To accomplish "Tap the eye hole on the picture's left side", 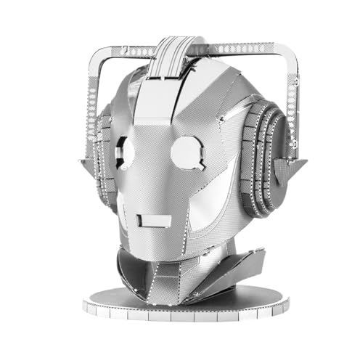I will [130, 150].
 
